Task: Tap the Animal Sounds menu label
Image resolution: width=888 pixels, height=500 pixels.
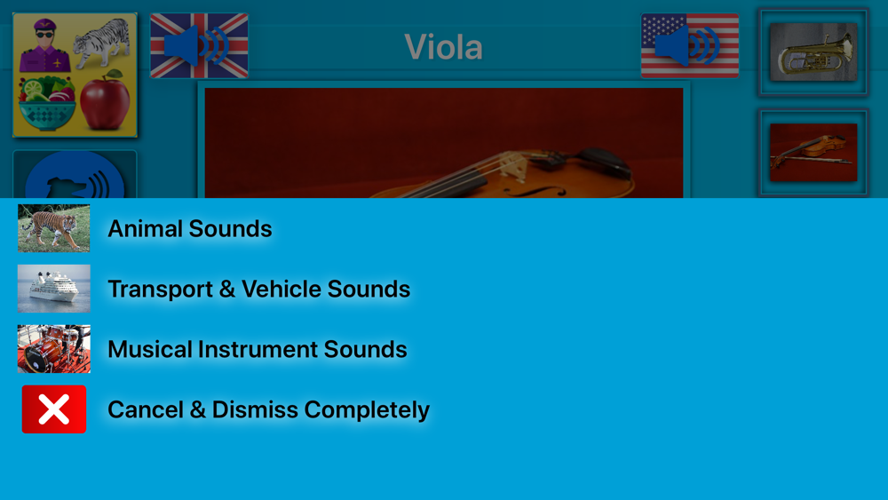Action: pyautogui.click(x=190, y=229)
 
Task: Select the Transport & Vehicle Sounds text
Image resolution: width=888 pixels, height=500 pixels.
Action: pyautogui.click(x=258, y=289)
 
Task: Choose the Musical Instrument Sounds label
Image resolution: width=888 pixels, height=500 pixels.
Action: pyautogui.click(x=258, y=349)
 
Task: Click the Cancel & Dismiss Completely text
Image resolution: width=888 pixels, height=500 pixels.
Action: pyautogui.click(x=268, y=409)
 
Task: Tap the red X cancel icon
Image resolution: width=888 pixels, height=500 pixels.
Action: pyautogui.click(x=54, y=409)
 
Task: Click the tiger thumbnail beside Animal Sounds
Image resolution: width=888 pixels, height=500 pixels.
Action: pyautogui.click(x=54, y=228)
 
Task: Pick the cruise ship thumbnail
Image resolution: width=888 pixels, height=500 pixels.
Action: pyautogui.click(x=54, y=289)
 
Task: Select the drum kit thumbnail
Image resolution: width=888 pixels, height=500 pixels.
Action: pyautogui.click(x=54, y=349)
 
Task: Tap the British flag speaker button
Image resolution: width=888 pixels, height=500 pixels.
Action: pyautogui.click(x=199, y=45)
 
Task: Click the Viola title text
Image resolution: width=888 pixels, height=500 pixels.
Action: pyautogui.click(x=443, y=47)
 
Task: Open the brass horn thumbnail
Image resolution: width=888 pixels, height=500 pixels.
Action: pyautogui.click(x=813, y=52)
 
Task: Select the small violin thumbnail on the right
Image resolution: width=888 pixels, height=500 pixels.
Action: pyautogui.click(x=813, y=152)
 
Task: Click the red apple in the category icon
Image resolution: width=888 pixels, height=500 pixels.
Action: pyautogui.click(x=105, y=100)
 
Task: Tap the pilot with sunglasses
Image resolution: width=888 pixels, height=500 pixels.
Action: pyautogui.click(x=44, y=45)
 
